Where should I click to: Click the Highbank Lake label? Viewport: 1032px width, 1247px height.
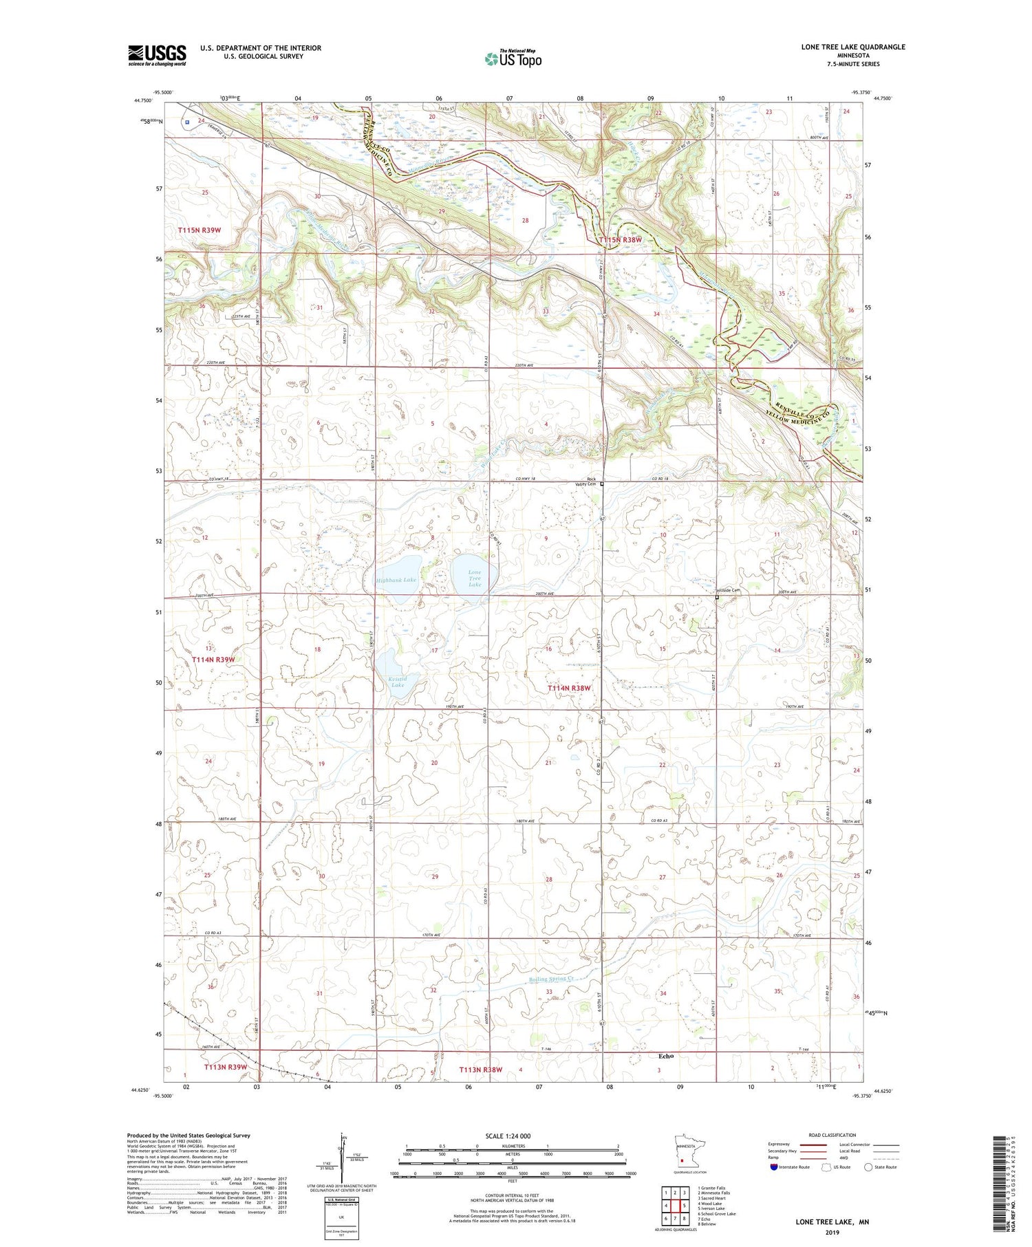click(x=396, y=580)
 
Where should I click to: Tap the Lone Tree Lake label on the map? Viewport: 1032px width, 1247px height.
click(x=475, y=578)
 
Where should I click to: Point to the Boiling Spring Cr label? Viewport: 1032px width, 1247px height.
click(x=552, y=978)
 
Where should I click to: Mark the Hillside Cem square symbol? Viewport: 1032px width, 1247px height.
click(x=717, y=598)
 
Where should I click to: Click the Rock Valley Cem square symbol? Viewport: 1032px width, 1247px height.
click(x=602, y=484)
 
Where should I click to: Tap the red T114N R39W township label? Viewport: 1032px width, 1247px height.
click(x=213, y=660)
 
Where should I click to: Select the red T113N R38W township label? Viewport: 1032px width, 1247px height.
click(x=481, y=1070)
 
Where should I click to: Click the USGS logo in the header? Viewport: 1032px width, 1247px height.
click(x=157, y=55)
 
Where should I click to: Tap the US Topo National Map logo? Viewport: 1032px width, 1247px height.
click(x=513, y=58)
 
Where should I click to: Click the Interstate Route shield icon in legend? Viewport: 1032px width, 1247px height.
click(x=775, y=1167)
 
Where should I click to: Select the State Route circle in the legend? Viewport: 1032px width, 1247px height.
click(x=869, y=1167)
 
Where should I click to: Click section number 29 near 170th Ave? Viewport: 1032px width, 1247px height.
click(x=435, y=877)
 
